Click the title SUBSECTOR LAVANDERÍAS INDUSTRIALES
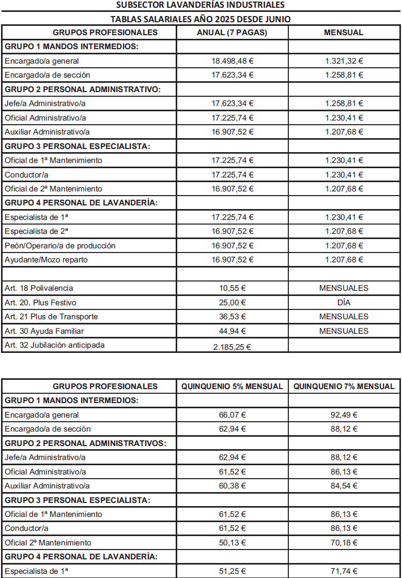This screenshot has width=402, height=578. (201, 5)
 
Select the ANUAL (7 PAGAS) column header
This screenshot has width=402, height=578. (233, 33)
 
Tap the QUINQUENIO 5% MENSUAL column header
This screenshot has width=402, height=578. (233, 387)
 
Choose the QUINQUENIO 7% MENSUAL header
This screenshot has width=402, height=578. (344, 387)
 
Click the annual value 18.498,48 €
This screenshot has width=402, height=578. (233, 61)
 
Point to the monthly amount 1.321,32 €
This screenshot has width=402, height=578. (344, 61)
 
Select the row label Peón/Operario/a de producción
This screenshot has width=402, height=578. (60, 246)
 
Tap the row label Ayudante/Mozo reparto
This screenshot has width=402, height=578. (46, 260)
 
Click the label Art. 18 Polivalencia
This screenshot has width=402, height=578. (39, 288)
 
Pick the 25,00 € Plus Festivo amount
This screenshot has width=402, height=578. (233, 302)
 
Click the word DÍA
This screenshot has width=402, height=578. (344, 302)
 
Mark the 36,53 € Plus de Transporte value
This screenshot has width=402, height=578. (233, 317)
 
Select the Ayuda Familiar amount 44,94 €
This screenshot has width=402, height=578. (233, 331)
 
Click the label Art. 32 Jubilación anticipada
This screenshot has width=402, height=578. (54, 345)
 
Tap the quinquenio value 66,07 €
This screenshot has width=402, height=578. (233, 415)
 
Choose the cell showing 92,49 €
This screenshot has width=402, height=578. (344, 415)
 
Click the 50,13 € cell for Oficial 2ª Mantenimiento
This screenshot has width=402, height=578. (233, 543)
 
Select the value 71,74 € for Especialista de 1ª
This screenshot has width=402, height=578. (344, 571)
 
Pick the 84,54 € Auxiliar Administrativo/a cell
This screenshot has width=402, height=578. (344, 486)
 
